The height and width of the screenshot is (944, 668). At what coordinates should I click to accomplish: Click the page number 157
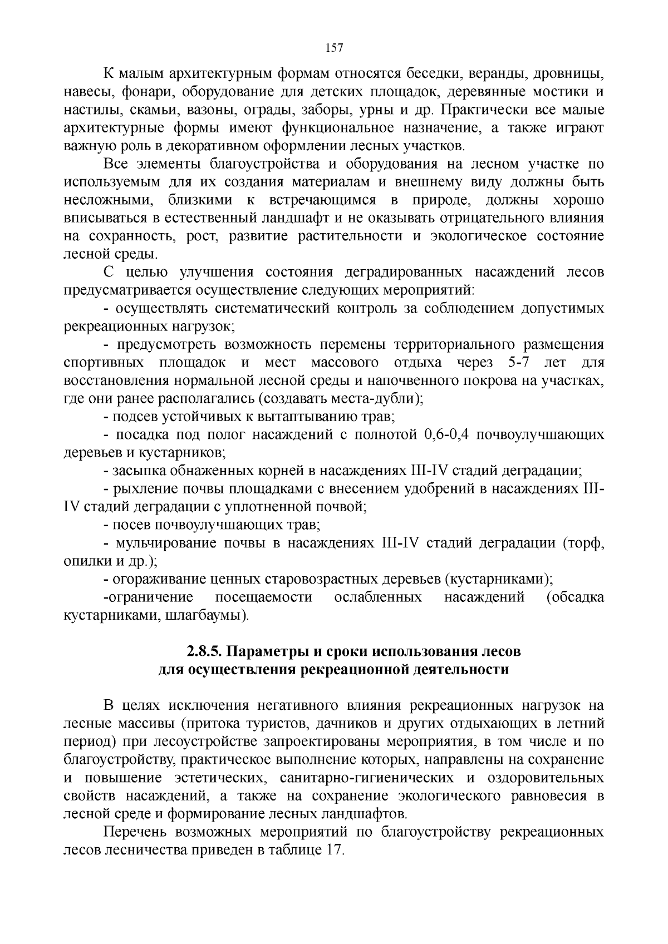pos(333,48)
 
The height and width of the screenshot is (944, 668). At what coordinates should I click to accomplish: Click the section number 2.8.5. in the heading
pos(205,651)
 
